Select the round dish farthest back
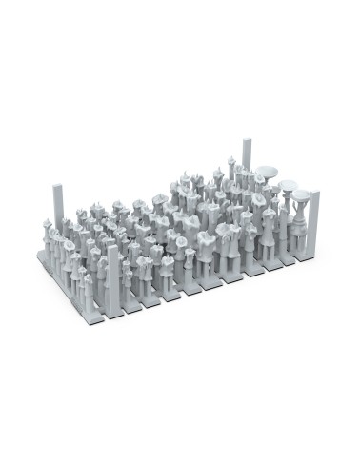click(x=268, y=173)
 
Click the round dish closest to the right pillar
click(x=300, y=196)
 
